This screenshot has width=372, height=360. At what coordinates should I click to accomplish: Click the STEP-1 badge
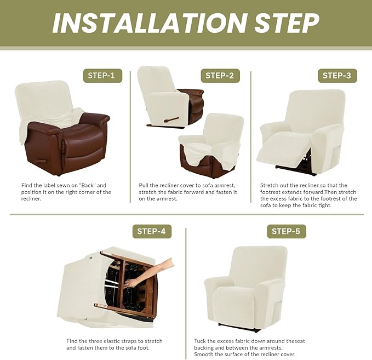click(102, 76)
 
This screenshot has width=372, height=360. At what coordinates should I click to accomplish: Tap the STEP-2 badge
click(220, 76)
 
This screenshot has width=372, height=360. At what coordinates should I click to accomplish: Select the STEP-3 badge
click(336, 76)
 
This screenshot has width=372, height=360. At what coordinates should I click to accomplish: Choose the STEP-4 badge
click(152, 231)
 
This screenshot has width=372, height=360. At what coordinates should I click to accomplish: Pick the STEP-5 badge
click(286, 231)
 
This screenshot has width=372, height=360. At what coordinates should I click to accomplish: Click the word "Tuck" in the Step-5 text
click(201, 341)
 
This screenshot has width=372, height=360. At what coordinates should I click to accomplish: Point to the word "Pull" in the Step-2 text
click(145, 185)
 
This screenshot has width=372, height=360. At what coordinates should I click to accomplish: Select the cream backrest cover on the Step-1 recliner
click(44, 101)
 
